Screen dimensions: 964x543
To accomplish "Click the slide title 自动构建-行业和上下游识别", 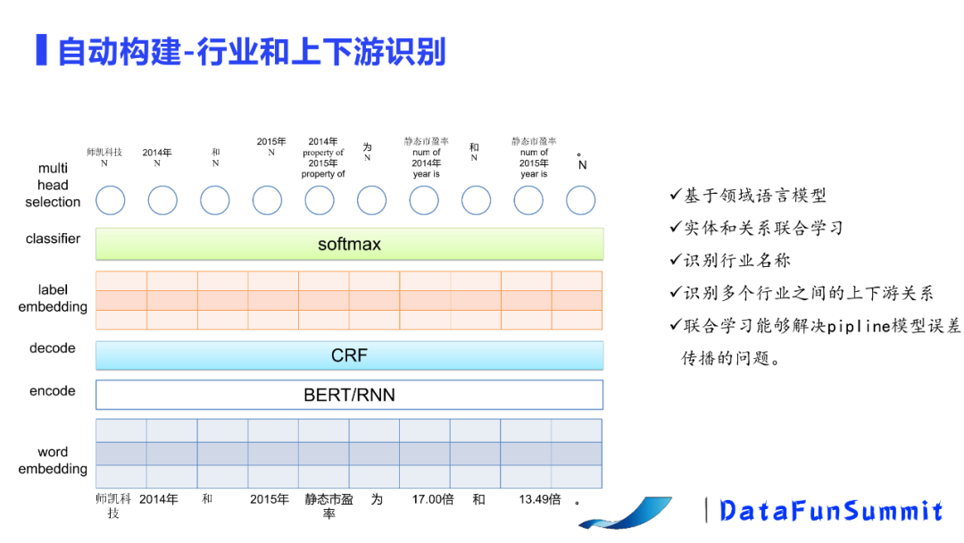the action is (252, 51).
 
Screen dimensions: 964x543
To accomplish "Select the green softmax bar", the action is (349, 244).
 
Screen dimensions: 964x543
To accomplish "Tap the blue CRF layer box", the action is (349, 355).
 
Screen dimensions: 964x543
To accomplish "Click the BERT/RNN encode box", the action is (349, 395).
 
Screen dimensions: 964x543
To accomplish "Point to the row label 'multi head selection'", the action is (53, 185).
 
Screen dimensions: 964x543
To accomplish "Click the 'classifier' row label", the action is (53, 238).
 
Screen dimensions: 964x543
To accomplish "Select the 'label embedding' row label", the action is (53, 298).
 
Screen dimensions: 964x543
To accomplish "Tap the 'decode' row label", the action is (53, 348).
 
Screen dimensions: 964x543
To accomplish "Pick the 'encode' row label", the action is (53, 391).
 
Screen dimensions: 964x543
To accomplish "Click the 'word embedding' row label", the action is (53, 460).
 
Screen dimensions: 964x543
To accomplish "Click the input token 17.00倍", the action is (432, 499).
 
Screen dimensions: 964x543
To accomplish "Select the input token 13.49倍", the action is (539, 499).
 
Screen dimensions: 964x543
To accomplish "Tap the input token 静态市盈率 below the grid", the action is (328, 505).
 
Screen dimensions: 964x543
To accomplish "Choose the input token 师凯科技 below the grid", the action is (113, 505).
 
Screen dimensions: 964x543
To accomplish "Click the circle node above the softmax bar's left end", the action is (110, 200).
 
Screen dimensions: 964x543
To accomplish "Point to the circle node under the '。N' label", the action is (580, 200).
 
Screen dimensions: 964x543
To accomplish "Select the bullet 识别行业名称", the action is (737, 260).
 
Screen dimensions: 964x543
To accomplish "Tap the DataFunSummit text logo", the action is (831, 511).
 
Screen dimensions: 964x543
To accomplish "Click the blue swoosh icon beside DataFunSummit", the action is (638, 512).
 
